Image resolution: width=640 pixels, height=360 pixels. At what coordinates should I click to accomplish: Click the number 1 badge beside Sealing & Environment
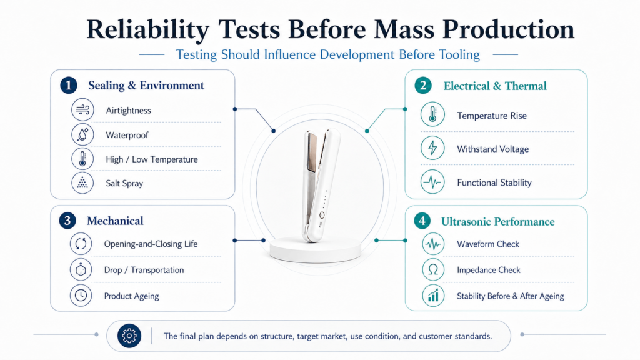(69, 85)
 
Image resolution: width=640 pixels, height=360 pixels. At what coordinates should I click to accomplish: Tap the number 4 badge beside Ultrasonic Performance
(422, 221)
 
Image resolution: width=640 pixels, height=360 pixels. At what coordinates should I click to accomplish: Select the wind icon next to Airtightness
(82, 110)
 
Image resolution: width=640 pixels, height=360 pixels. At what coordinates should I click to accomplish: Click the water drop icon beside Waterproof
(82, 134)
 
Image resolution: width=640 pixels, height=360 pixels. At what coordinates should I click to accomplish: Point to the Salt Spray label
(124, 183)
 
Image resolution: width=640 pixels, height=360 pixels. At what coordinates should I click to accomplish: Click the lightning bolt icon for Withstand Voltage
(432, 148)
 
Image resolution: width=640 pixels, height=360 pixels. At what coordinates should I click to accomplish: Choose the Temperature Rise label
(492, 116)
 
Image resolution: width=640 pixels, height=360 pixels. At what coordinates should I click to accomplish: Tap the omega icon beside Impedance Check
(433, 270)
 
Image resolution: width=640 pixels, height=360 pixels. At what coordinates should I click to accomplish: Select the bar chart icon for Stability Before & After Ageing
(433, 296)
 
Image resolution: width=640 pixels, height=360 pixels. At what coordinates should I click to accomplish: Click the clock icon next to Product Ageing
(81, 295)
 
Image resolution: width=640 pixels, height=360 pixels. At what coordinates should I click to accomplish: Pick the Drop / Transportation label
(144, 270)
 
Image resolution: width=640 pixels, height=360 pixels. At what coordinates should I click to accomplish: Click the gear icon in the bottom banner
(129, 336)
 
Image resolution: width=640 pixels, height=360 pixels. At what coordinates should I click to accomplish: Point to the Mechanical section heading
(115, 221)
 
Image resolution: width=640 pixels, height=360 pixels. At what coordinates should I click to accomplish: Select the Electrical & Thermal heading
(495, 86)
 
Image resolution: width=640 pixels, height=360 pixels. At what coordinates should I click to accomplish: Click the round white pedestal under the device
(316, 249)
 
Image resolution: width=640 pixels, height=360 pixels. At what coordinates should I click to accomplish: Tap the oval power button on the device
(322, 215)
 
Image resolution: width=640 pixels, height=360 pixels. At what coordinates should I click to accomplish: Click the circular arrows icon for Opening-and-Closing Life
(81, 244)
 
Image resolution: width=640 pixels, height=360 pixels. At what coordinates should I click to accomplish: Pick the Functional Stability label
(494, 182)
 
